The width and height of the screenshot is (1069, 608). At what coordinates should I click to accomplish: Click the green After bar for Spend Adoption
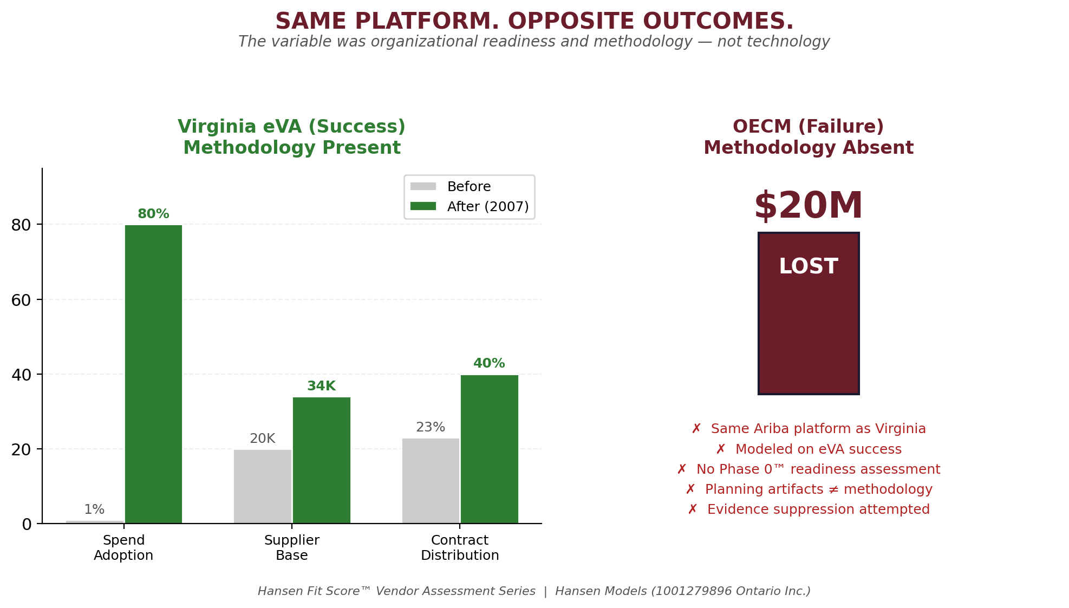(x=153, y=374)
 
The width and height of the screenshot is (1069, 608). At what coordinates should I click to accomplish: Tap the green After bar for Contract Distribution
(x=489, y=449)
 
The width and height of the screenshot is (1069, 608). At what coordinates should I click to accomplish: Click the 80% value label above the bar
(x=153, y=214)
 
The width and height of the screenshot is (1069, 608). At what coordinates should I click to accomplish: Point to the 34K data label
(x=321, y=386)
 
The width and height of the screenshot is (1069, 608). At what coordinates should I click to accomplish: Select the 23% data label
(x=431, y=427)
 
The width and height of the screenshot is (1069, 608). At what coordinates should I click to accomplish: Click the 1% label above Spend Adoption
(x=94, y=509)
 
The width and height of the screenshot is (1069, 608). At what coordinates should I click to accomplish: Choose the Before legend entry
(x=468, y=187)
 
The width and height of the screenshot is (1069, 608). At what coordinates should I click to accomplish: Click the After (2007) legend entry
(x=487, y=207)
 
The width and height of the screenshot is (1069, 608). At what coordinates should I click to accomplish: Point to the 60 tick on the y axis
(x=21, y=299)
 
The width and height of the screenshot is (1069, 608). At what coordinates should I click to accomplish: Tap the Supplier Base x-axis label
(x=291, y=547)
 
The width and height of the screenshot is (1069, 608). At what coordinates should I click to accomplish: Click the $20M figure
(x=808, y=206)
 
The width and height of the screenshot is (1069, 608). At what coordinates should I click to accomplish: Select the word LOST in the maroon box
(x=808, y=266)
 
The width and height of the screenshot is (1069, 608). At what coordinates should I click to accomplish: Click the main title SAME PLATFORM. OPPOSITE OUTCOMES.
(x=534, y=22)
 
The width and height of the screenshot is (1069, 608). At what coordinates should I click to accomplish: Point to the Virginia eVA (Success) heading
(x=291, y=127)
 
